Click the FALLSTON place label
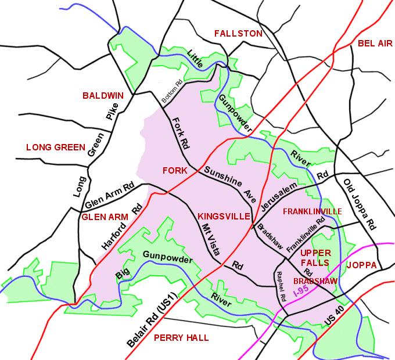coord(238,34)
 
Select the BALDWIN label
coord(103,95)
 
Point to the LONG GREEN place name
coord(56,147)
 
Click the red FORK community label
coord(175,171)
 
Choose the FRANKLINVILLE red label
coord(312,211)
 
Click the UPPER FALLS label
coord(315,258)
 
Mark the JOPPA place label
coord(361,265)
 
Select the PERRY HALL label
coord(181,338)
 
